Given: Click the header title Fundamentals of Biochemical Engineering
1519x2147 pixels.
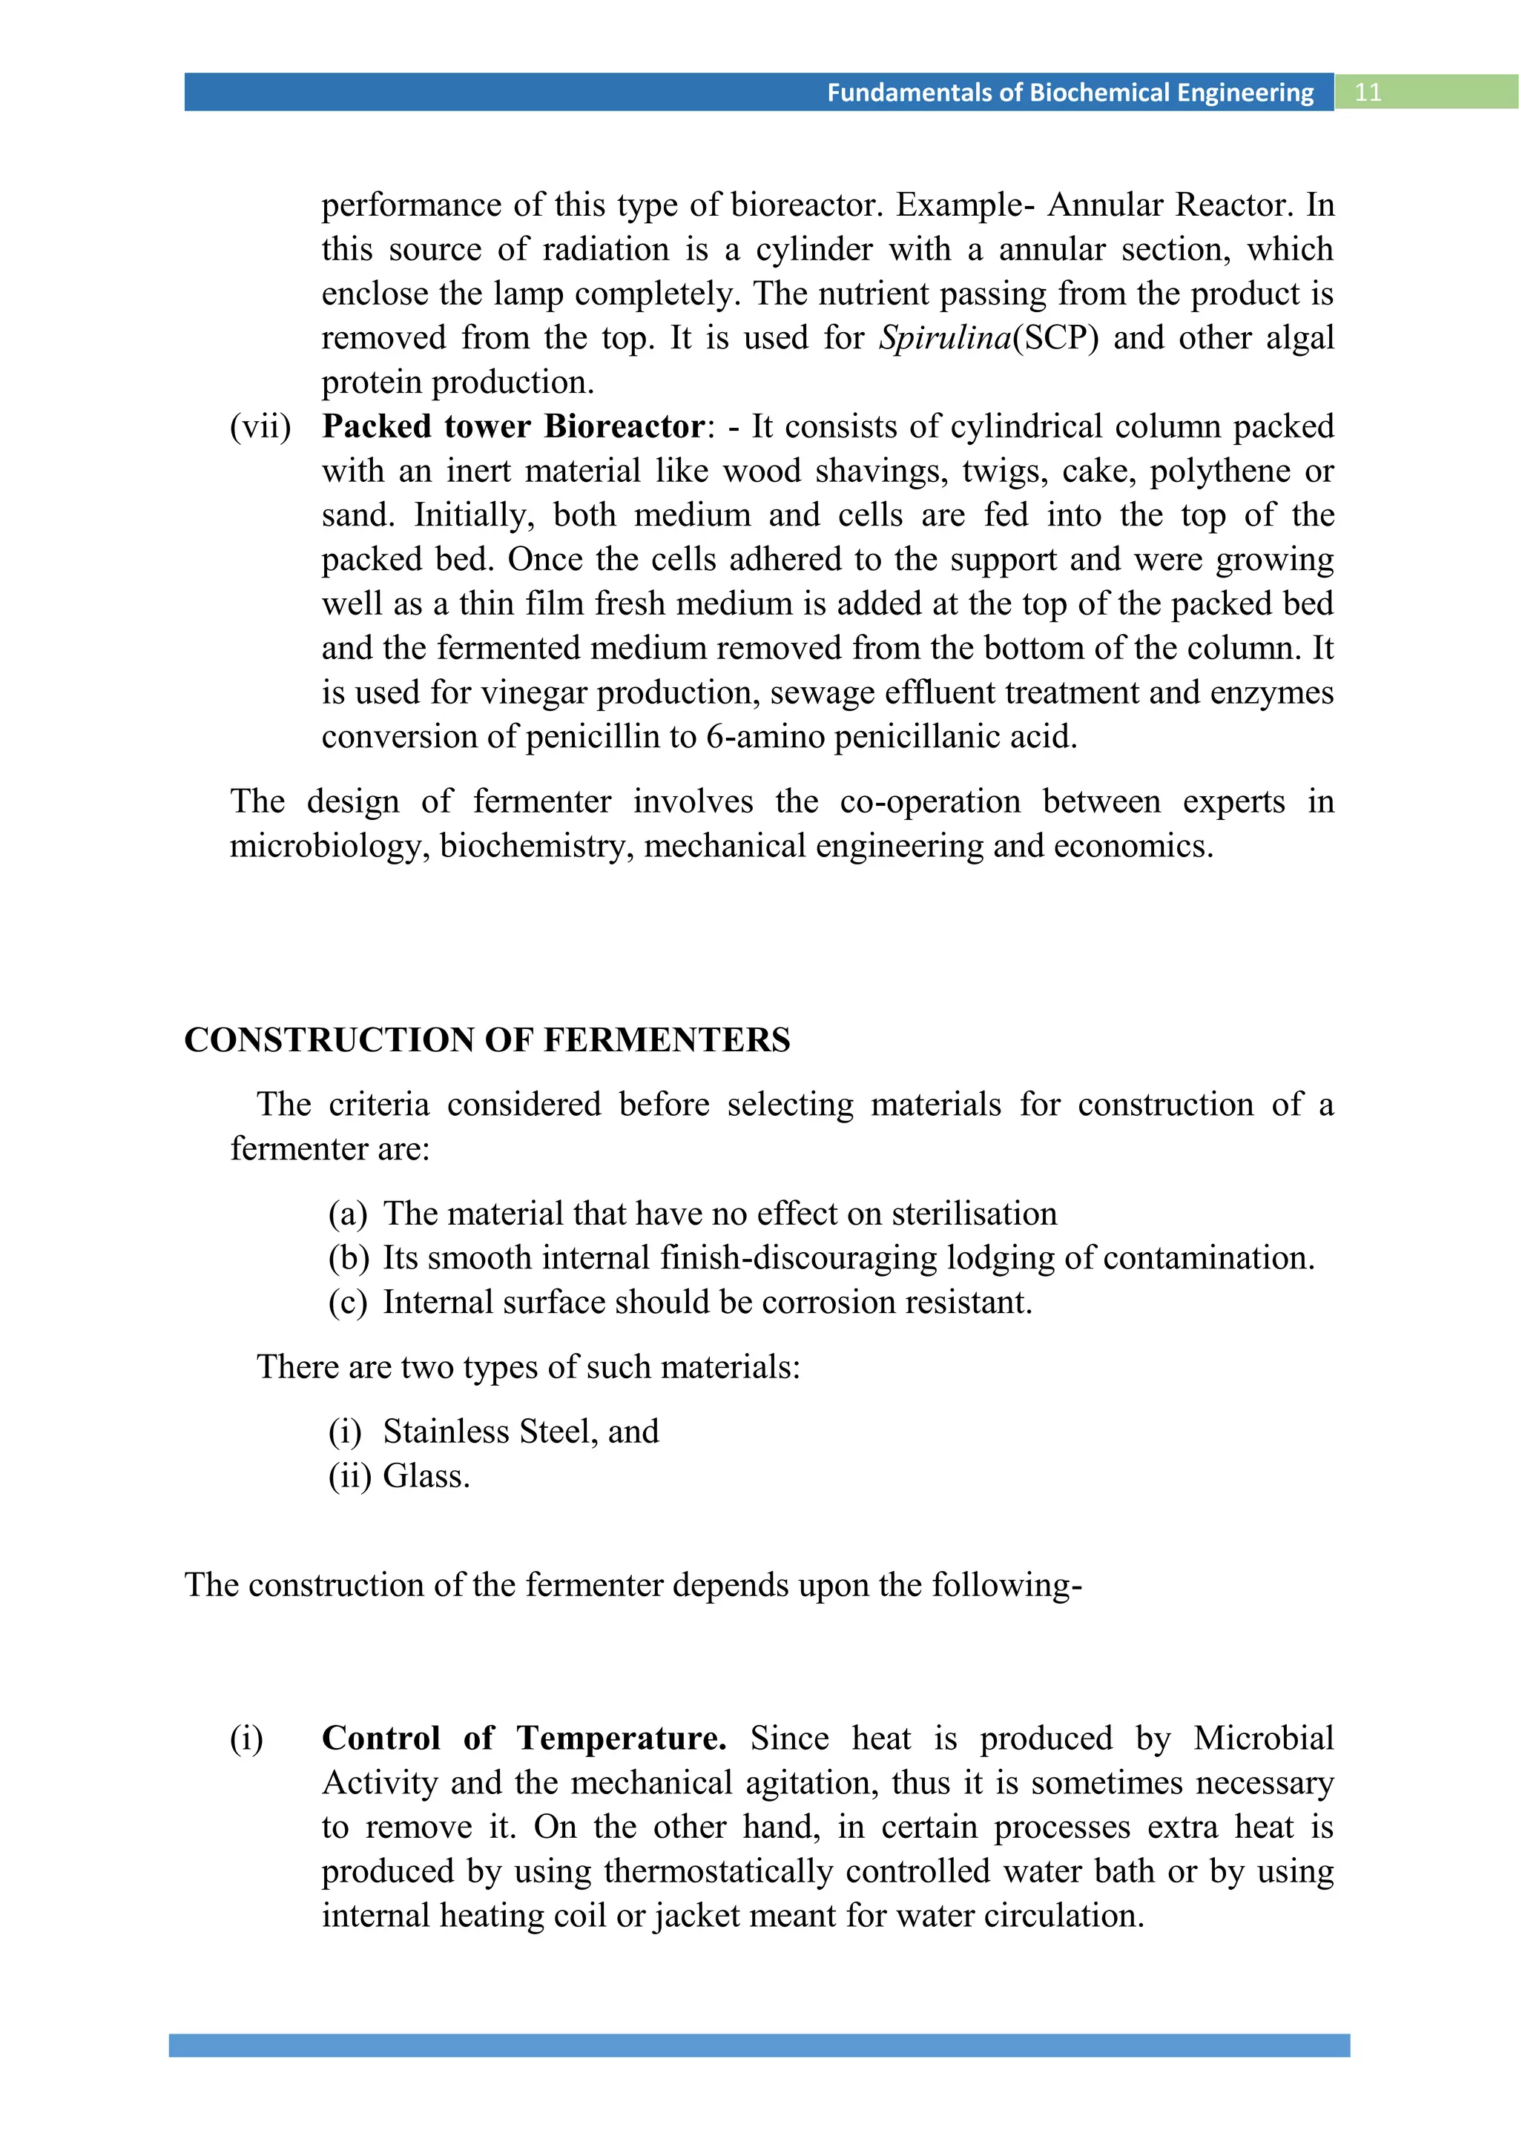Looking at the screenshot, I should click(x=1070, y=93).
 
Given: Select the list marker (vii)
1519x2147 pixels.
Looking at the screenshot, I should click(x=261, y=426).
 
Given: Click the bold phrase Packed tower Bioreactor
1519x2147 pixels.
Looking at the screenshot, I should click(x=513, y=426).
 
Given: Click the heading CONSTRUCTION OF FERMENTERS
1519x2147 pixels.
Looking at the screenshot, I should click(x=487, y=1040).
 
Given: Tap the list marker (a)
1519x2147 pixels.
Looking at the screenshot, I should click(x=347, y=1214).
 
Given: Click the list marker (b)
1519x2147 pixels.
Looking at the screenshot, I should click(x=348, y=1257).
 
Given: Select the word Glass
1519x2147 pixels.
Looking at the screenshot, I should click(x=426, y=1477).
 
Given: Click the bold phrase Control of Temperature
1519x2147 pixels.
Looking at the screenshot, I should click(x=524, y=1739).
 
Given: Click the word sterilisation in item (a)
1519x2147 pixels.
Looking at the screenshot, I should click(x=974, y=1214).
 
